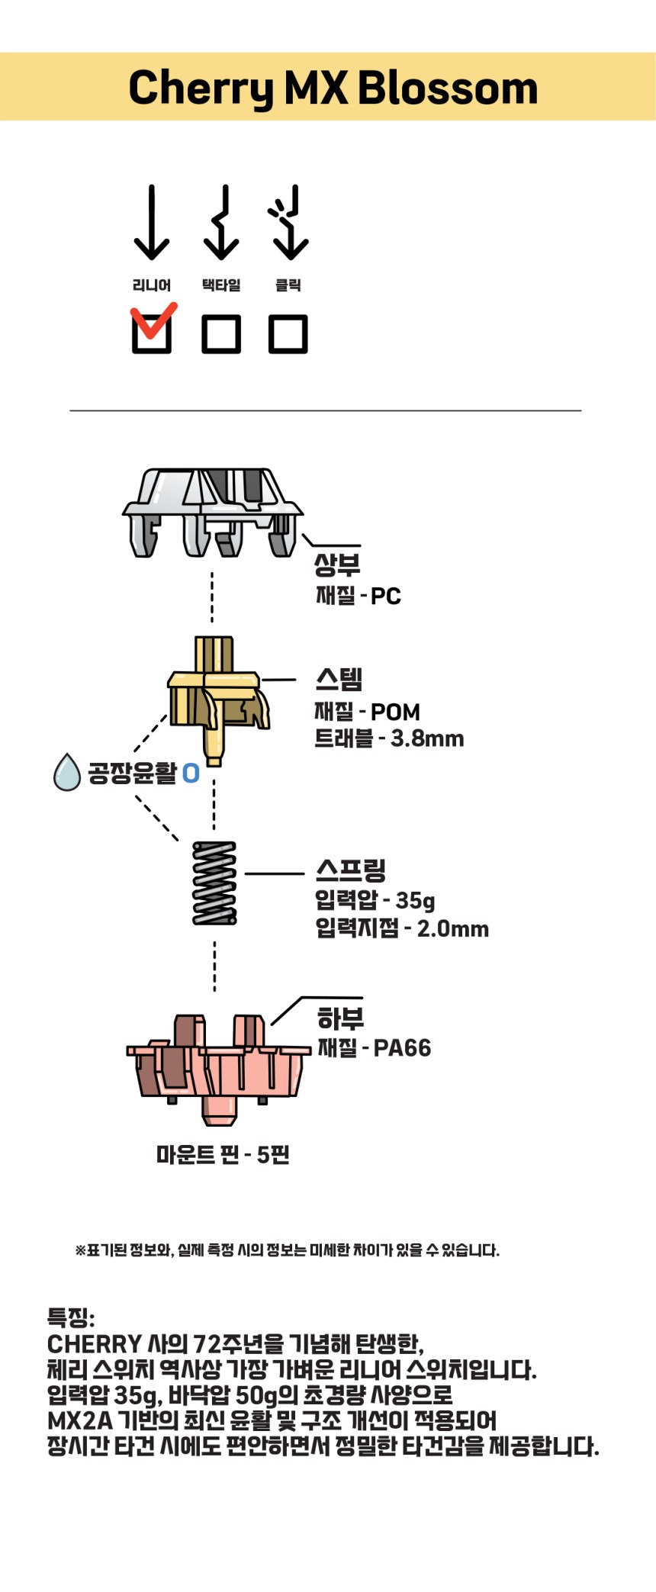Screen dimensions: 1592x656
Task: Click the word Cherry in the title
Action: [201, 88]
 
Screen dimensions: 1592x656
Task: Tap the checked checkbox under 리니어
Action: [152, 333]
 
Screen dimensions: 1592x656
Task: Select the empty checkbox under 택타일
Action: [221, 333]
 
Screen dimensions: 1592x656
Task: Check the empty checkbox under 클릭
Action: [288, 333]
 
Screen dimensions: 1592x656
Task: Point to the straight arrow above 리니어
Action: [152, 222]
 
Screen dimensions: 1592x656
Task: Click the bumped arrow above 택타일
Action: [221, 222]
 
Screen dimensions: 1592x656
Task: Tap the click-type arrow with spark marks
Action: [289, 222]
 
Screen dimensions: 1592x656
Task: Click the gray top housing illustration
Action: [212, 511]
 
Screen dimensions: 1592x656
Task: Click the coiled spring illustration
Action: [214, 883]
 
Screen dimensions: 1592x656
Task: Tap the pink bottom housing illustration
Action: [217, 1068]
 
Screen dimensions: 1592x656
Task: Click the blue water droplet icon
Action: [67, 772]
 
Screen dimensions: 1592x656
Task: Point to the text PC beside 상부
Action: [386, 596]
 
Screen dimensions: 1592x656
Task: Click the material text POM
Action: [395, 712]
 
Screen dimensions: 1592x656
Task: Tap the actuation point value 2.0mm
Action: [453, 928]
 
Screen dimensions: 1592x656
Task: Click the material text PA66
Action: [402, 1048]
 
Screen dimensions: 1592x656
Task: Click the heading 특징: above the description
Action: [71, 1317]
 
